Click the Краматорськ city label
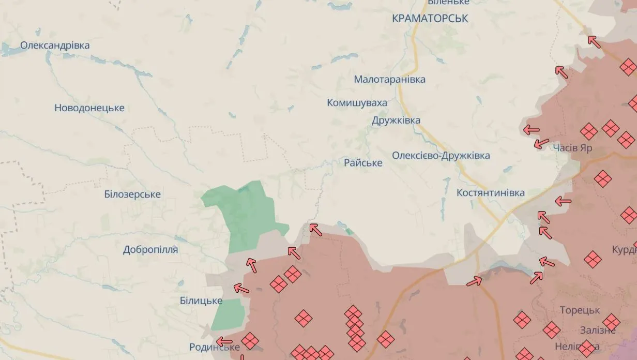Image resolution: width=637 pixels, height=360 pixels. pos(430,19)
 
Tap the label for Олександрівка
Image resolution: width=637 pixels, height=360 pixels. pos(55,46)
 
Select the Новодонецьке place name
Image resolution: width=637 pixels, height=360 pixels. pos(89,108)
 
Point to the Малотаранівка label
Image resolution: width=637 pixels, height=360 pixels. pos(390,80)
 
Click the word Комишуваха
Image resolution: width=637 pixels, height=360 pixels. pos(357,103)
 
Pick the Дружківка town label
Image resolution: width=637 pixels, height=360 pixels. pos(396,121)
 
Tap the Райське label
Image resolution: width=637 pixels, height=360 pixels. pos(363,163)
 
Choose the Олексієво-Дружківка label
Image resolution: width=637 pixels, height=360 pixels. pos(441,156)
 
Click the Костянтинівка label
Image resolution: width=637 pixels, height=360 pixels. pos(491,193)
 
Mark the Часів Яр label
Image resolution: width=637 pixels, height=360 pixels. pos(572,148)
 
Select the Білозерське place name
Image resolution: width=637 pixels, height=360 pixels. pos(132,194)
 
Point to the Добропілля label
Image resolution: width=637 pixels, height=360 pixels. pos(150,250)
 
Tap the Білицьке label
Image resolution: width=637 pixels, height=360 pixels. pos(201,301)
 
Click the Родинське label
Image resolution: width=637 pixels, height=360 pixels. pos(215,347)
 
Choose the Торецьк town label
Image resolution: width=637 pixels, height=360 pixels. pos(580,310)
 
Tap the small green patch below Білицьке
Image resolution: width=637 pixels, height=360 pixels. pos(228,314)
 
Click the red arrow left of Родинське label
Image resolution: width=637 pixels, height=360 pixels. pos(224,341)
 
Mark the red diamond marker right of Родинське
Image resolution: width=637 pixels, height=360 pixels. pos(250,340)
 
